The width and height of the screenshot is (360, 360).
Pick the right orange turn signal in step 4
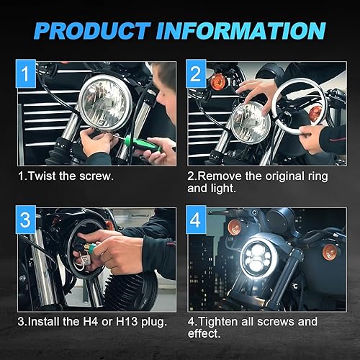(x=330, y=252)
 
